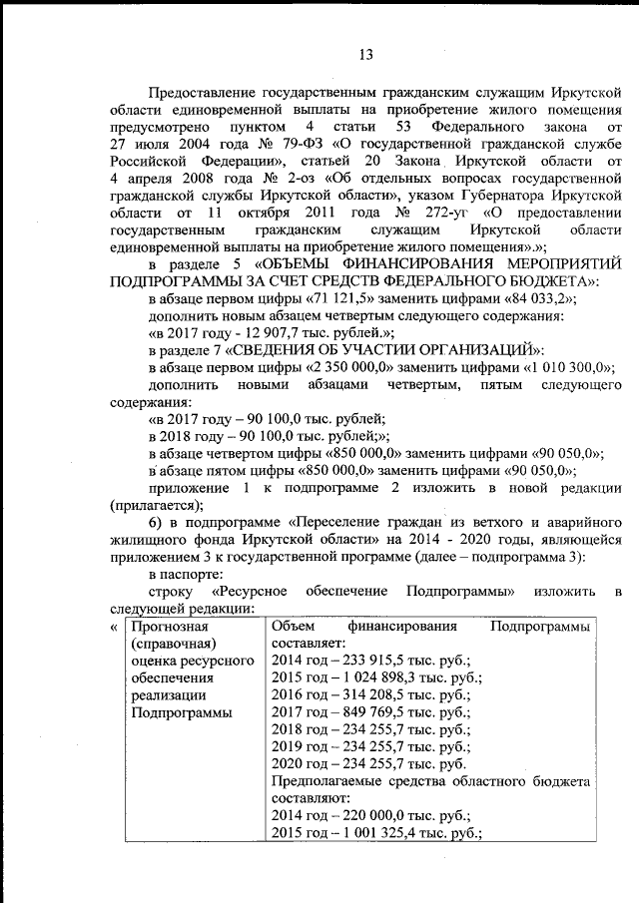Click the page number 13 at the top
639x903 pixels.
tap(366, 54)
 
